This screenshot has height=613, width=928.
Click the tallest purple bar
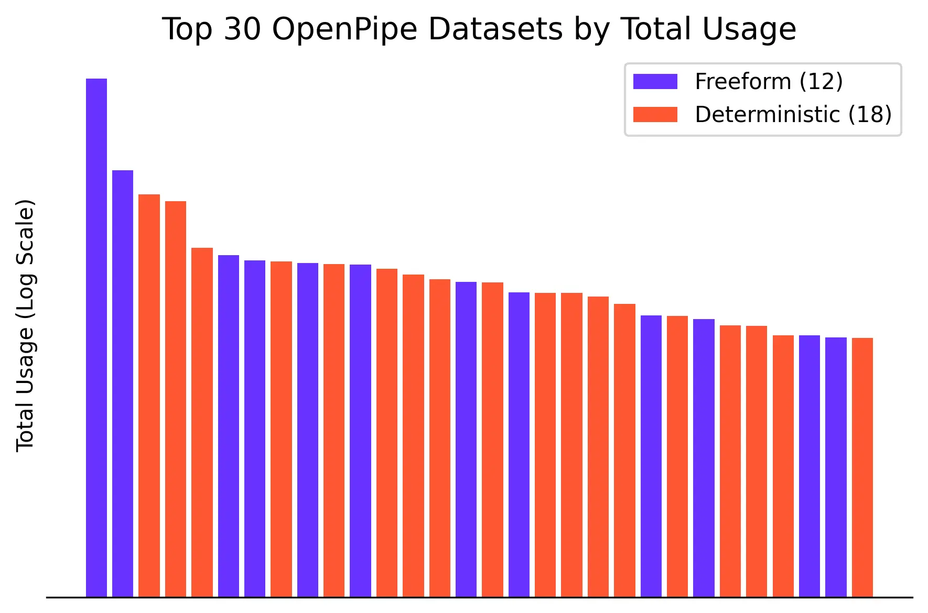(x=96, y=335)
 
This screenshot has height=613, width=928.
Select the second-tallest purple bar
(x=123, y=382)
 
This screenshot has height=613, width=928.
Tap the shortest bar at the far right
(x=862, y=466)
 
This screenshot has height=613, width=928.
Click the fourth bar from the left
(x=176, y=398)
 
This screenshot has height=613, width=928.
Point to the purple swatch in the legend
(x=655, y=82)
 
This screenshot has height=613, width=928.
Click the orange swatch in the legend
(x=655, y=115)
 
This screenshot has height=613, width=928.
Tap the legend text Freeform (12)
(x=769, y=82)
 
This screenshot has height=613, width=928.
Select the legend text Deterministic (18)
(x=793, y=115)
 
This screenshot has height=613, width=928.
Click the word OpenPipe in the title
(x=344, y=29)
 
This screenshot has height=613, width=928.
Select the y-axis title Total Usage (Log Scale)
(x=25, y=325)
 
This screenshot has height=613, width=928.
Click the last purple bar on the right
(x=836, y=466)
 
